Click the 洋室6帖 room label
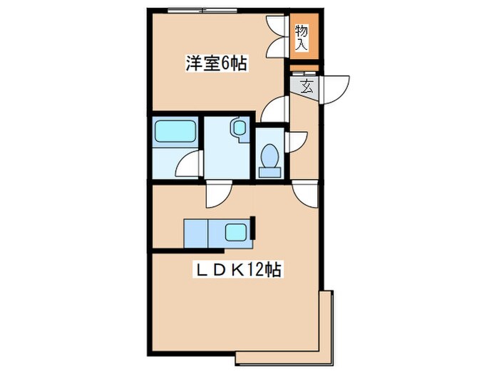point(216,64)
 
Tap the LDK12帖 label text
point(237,270)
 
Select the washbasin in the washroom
point(237,130)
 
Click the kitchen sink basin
point(236,232)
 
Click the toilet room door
point(294,141)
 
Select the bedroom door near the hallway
point(274,110)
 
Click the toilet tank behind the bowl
point(269,170)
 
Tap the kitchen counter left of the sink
point(195,232)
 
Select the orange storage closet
point(302,38)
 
